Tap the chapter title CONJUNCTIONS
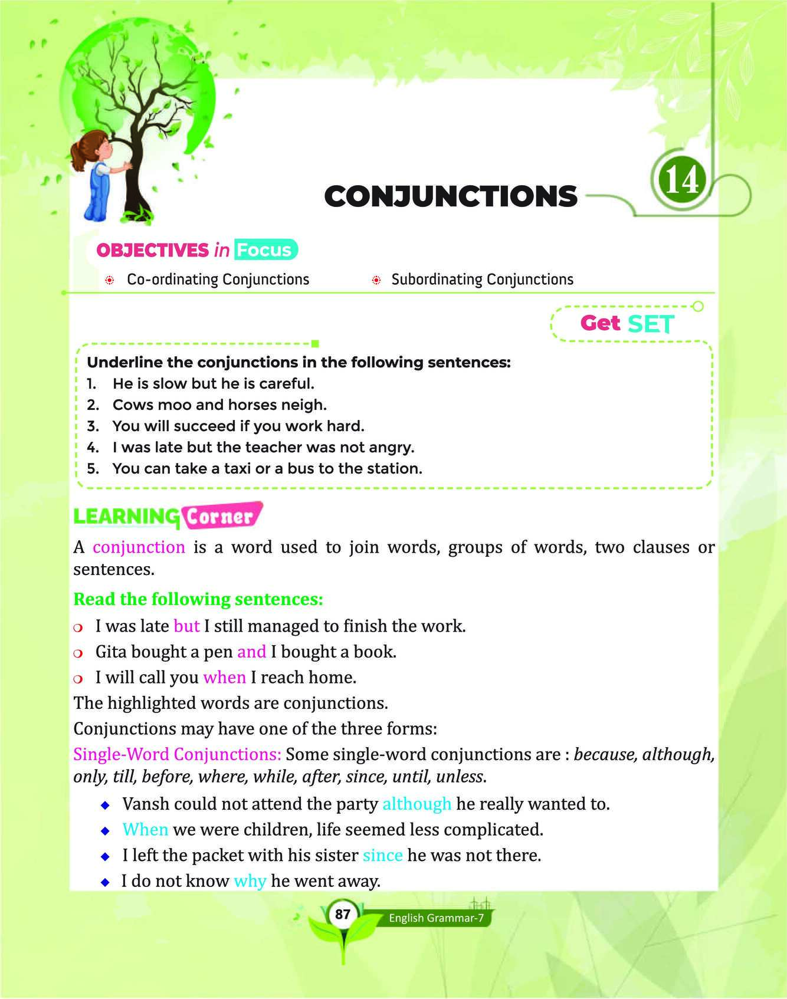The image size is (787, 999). pyautogui.click(x=451, y=196)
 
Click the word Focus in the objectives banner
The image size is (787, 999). pyautogui.click(x=264, y=250)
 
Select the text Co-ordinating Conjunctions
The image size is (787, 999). pyautogui.click(x=218, y=279)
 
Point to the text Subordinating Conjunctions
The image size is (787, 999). pyautogui.click(x=482, y=279)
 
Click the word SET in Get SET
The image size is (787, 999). pyautogui.click(x=651, y=324)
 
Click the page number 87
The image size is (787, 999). pyautogui.click(x=342, y=915)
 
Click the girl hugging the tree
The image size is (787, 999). pyautogui.click(x=99, y=180)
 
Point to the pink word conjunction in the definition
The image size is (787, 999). pyautogui.click(x=139, y=547)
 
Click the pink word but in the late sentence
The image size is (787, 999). pyautogui.click(x=186, y=626)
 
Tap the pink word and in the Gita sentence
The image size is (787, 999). pyautogui.click(x=251, y=652)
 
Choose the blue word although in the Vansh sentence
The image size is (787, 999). pyautogui.click(x=417, y=804)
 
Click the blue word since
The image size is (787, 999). pyautogui.click(x=382, y=855)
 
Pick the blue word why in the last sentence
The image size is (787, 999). pyautogui.click(x=250, y=881)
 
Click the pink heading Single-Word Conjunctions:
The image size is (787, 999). pyautogui.click(x=177, y=754)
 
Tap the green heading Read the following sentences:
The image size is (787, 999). pyautogui.click(x=198, y=599)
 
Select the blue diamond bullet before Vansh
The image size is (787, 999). pyautogui.click(x=105, y=804)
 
